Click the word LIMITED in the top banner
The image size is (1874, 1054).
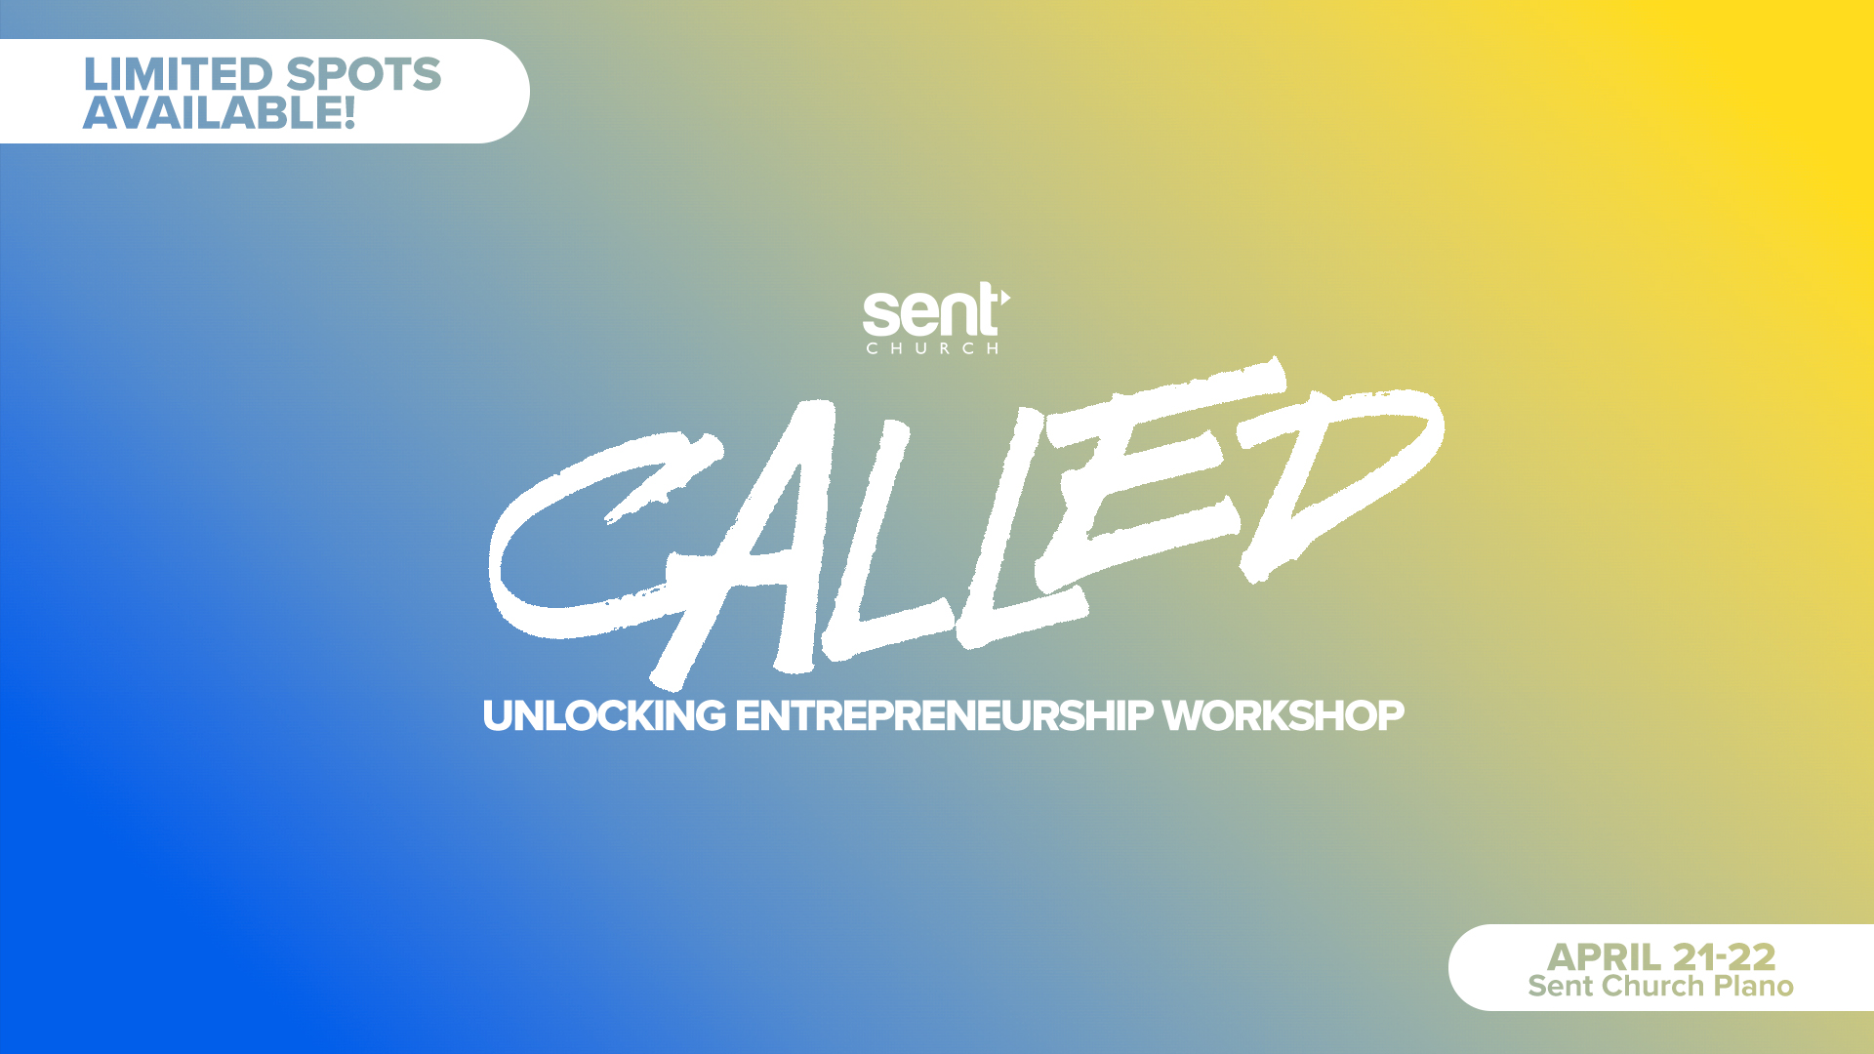(178, 74)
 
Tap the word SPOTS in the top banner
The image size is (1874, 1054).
(364, 74)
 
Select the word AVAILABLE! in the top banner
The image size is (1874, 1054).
(219, 112)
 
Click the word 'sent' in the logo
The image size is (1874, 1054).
(930, 311)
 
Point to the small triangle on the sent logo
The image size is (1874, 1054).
(1005, 297)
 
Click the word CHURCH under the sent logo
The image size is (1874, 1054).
(932, 348)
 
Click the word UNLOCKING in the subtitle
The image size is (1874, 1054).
(604, 715)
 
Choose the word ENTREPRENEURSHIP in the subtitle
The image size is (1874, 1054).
(944, 715)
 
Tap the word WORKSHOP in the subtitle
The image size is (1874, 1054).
(1283, 715)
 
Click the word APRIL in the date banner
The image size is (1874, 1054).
(1604, 956)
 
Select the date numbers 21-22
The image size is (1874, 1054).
(1724, 956)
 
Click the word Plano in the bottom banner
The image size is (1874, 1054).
(1754, 986)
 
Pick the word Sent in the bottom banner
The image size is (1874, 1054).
(1561, 986)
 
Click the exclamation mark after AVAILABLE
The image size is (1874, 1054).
(348, 112)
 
